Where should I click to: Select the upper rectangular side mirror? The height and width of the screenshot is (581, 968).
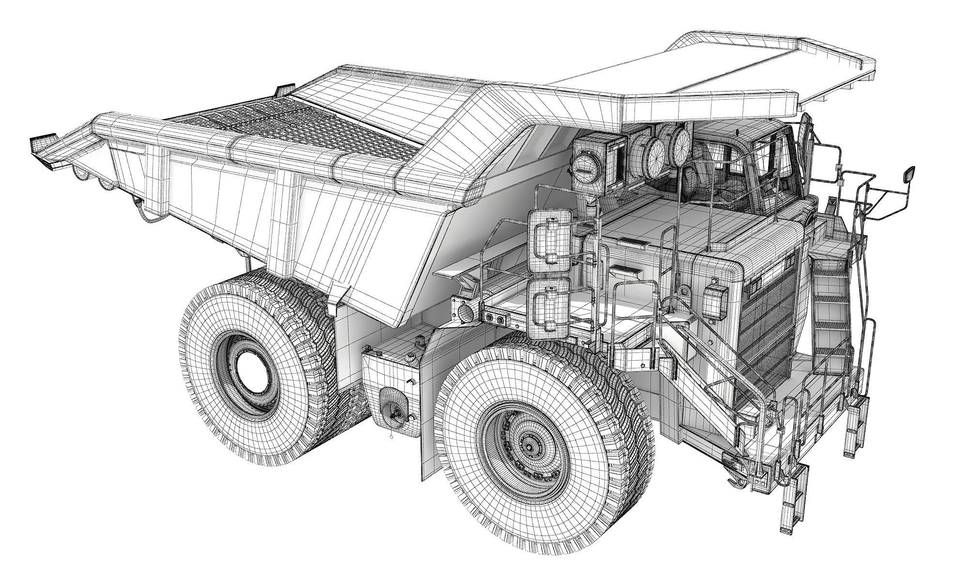click(x=551, y=241)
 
